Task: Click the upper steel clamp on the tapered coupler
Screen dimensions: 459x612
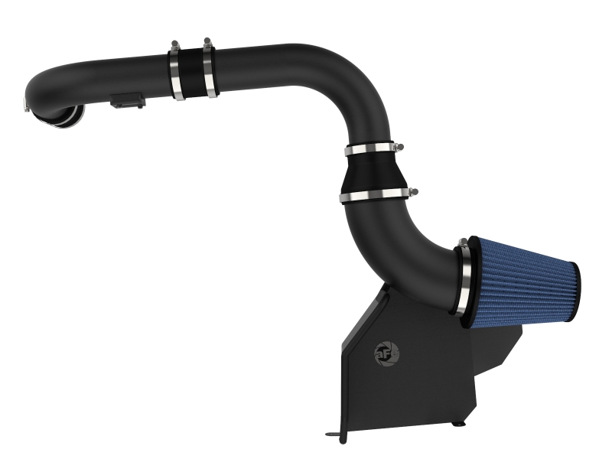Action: point(374,149)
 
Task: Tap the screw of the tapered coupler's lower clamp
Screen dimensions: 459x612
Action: point(413,192)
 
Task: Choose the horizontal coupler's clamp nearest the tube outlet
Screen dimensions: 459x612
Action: point(177,74)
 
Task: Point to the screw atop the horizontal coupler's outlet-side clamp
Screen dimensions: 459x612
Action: point(175,44)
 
